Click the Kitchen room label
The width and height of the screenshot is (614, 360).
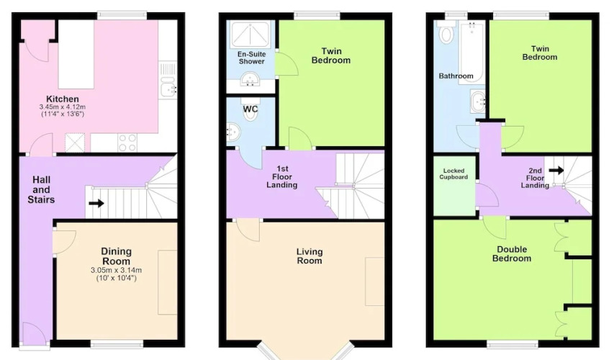[x=63, y=99]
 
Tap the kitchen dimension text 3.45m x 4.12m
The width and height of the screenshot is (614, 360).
[x=63, y=107]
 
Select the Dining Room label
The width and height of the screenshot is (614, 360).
[x=117, y=256]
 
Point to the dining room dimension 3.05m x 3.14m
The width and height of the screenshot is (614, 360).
[x=117, y=270]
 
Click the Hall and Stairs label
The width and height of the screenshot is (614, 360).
[x=41, y=189]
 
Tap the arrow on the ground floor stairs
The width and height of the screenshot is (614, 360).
[x=96, y=203]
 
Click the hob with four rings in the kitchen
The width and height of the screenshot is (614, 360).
[x=127, y=143]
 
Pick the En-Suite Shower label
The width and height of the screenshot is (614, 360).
[x=252, y=58]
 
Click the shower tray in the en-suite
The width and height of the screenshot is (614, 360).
[x=251, y=34]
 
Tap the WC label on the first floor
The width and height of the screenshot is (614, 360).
[x=250, y=109]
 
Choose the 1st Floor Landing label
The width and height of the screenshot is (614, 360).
[x=282, y=176]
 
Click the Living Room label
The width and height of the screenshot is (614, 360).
[x=310, y=256]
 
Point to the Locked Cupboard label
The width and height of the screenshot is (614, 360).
[x=454, y=174]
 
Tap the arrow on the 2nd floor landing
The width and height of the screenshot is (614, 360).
[x=556, y=171]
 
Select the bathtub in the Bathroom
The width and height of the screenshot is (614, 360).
[x=471, y=52]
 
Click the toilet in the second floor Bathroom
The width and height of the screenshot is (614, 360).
[x=446, y=32]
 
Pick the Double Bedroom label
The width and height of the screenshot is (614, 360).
[x=512, y=254]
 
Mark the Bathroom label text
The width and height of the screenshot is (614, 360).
[x=456, y=76]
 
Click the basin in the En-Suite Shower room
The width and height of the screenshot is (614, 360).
[x=250, y=79]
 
